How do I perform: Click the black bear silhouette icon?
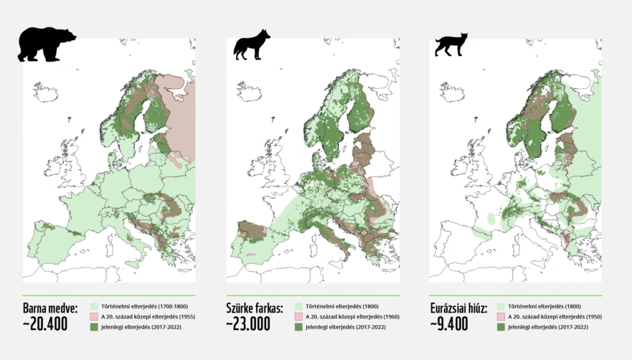tap(47, 46)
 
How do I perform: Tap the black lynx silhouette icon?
tap(451, 44)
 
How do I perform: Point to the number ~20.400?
tap(44, 324)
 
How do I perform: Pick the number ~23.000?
tap(248, 324)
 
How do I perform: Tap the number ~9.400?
tap(449, 324)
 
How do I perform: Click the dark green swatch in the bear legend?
tap(93, 327)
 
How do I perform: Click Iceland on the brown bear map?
tap(44, 91)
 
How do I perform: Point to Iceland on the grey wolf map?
tap(248, 91)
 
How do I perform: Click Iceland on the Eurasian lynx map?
tap(451, 91)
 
